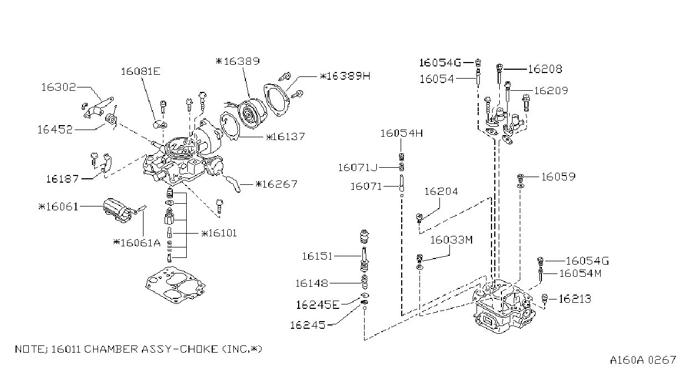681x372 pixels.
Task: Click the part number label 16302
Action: click(58, 87)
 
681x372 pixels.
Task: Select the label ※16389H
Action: click(345, 76)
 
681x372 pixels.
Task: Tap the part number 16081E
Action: click(140, 71)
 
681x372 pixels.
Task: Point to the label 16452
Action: click(55, 130)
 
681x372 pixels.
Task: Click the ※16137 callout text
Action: click(285, 137)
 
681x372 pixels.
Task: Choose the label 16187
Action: click(62, 179)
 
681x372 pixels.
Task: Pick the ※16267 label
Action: click(277, 184)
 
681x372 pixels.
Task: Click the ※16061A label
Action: click(137, 242)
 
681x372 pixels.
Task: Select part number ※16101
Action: click(219, 233)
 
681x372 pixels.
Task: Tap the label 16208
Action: click(545, 69)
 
